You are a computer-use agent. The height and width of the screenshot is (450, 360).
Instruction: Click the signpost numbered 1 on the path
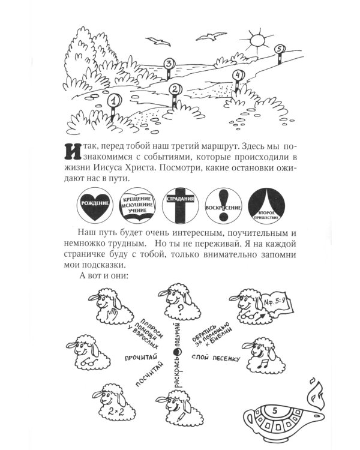pos(111,103)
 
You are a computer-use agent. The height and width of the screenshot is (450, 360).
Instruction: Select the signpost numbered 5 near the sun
pos(278,50)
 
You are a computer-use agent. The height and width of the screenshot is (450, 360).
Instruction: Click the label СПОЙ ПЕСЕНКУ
pos(216,358)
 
